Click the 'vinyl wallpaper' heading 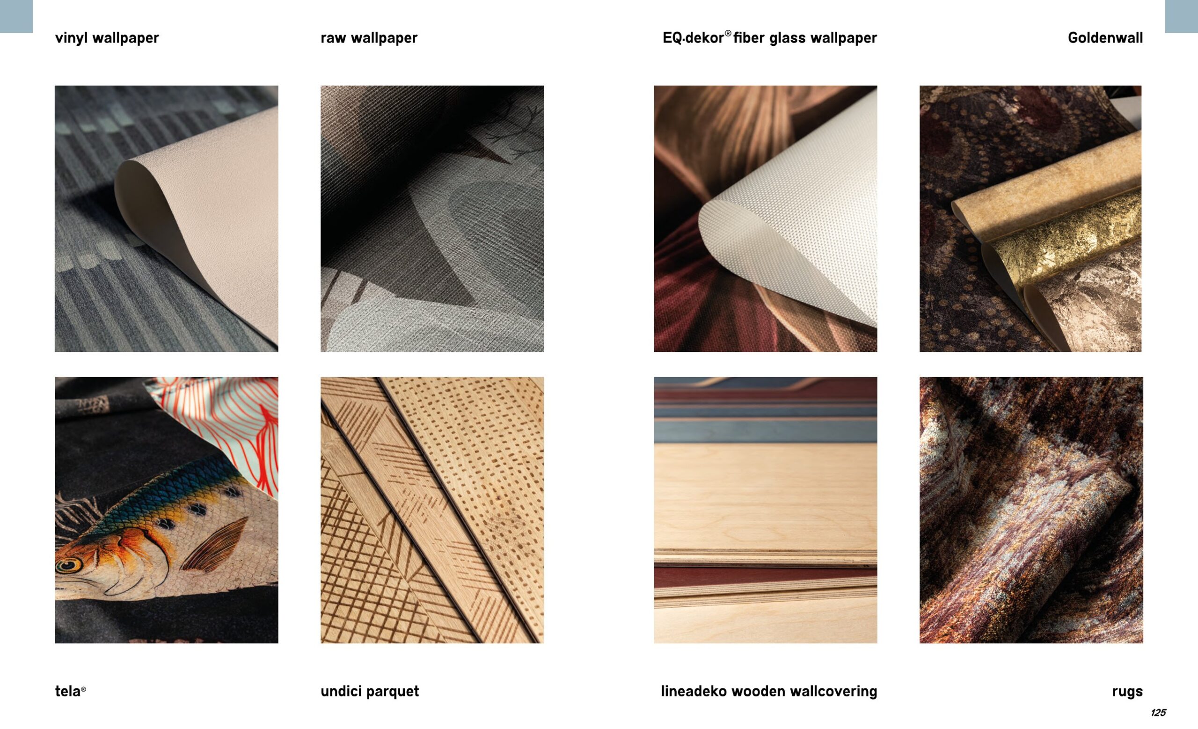107,38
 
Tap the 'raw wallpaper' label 369,38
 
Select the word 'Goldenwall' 1105,38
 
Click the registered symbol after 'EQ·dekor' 728,34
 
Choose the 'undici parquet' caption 370,691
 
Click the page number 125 1158,713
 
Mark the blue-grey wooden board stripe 766,430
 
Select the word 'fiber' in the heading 749,38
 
